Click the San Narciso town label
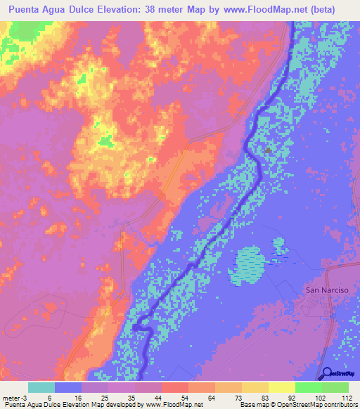click(326, 289)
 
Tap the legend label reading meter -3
click(16, 396)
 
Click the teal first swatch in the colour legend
click(41, 387)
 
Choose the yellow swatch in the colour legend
click(282, 387)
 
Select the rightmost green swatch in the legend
click(335, 387)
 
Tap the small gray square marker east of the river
click(268, 150)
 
